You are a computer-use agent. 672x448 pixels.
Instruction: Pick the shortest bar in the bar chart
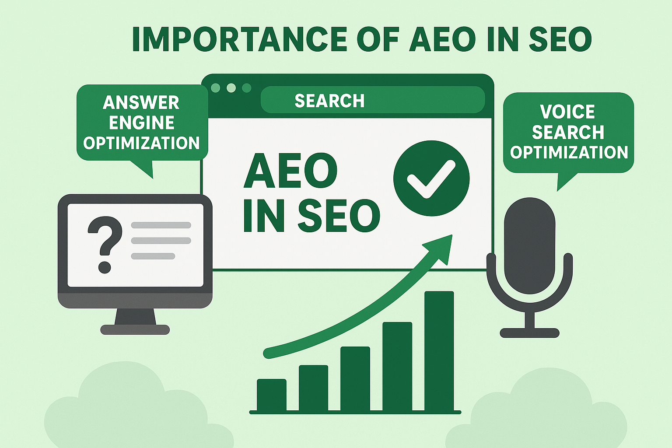tap(271, 395)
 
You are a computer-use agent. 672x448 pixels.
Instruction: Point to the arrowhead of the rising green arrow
tap(443, 247)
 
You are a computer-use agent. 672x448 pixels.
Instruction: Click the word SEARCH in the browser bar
tap(329, 101)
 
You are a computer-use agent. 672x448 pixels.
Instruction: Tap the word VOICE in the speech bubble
tap(567, 112)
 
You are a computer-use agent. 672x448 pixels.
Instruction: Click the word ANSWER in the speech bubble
tap(141, 103)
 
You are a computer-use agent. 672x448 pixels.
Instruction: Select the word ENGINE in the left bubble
tap(141, 123)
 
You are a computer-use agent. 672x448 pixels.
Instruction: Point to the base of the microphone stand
tap(529, 333)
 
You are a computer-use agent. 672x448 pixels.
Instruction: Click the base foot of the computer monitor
tap(135, 329)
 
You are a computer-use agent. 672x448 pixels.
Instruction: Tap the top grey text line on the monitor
tap(161, 225)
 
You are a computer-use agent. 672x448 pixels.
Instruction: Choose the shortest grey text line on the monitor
tap(153, 256)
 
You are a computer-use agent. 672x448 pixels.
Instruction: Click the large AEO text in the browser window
tap(290, 171)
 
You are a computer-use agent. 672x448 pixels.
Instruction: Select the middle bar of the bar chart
tap(355, 378)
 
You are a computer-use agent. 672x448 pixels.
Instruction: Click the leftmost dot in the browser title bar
tap(215, 88)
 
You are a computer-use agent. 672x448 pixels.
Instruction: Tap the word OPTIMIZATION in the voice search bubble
tap(569, 152)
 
